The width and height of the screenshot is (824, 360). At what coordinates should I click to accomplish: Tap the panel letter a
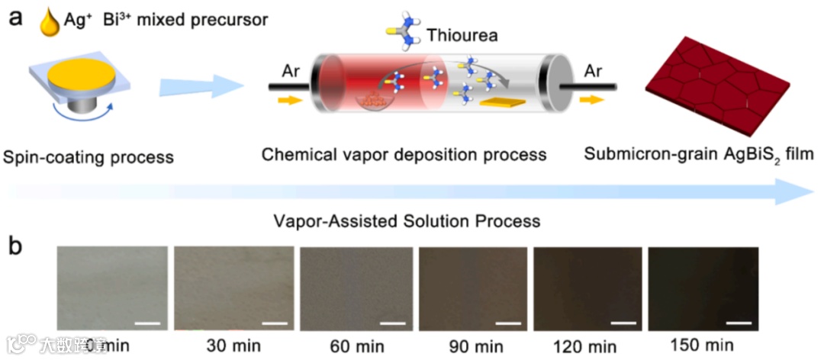pos(16,18)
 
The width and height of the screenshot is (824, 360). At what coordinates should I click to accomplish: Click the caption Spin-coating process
pos(89,158)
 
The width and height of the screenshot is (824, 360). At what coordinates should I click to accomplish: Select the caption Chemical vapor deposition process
pos(404,155)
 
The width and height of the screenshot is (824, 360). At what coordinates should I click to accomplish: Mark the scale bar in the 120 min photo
pos(623,323)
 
